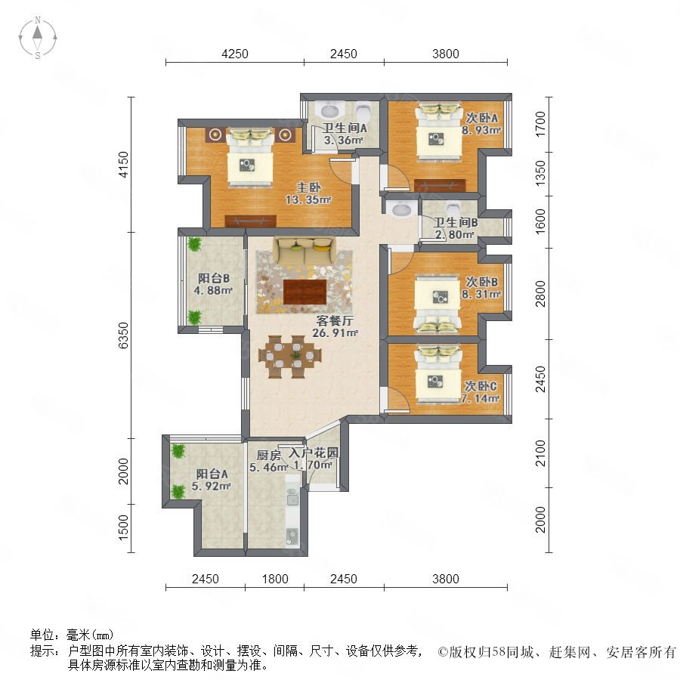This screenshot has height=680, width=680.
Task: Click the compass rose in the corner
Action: [x=38, y=38]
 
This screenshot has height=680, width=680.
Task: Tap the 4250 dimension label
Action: [x=235, y=54]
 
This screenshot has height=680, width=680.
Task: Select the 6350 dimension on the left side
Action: [x=124, y=335]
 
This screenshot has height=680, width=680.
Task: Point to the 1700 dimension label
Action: [x=540, y=124]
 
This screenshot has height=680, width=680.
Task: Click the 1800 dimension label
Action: [x=275, y=579]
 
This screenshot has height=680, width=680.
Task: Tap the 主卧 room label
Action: [x=308, y=187]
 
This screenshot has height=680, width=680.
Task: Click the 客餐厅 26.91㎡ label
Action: [x=335, y=327]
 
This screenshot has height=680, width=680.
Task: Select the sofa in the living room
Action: [x=304, y=251]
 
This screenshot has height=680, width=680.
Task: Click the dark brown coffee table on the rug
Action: [x=304, y=292]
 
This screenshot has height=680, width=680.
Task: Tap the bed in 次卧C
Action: [x=437, y=374]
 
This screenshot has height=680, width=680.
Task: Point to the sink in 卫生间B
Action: [x=401, y=210]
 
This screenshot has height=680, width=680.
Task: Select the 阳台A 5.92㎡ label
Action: [x=212, y=480]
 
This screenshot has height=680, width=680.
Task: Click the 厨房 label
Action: [x=268, y=456]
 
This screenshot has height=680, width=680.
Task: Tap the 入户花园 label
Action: [x=314, y=453]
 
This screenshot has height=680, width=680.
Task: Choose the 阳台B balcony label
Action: [x=213, y=278]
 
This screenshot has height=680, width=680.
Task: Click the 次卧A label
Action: [x=481, y=118]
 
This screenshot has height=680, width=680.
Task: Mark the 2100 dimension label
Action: [x=540, y=453]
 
